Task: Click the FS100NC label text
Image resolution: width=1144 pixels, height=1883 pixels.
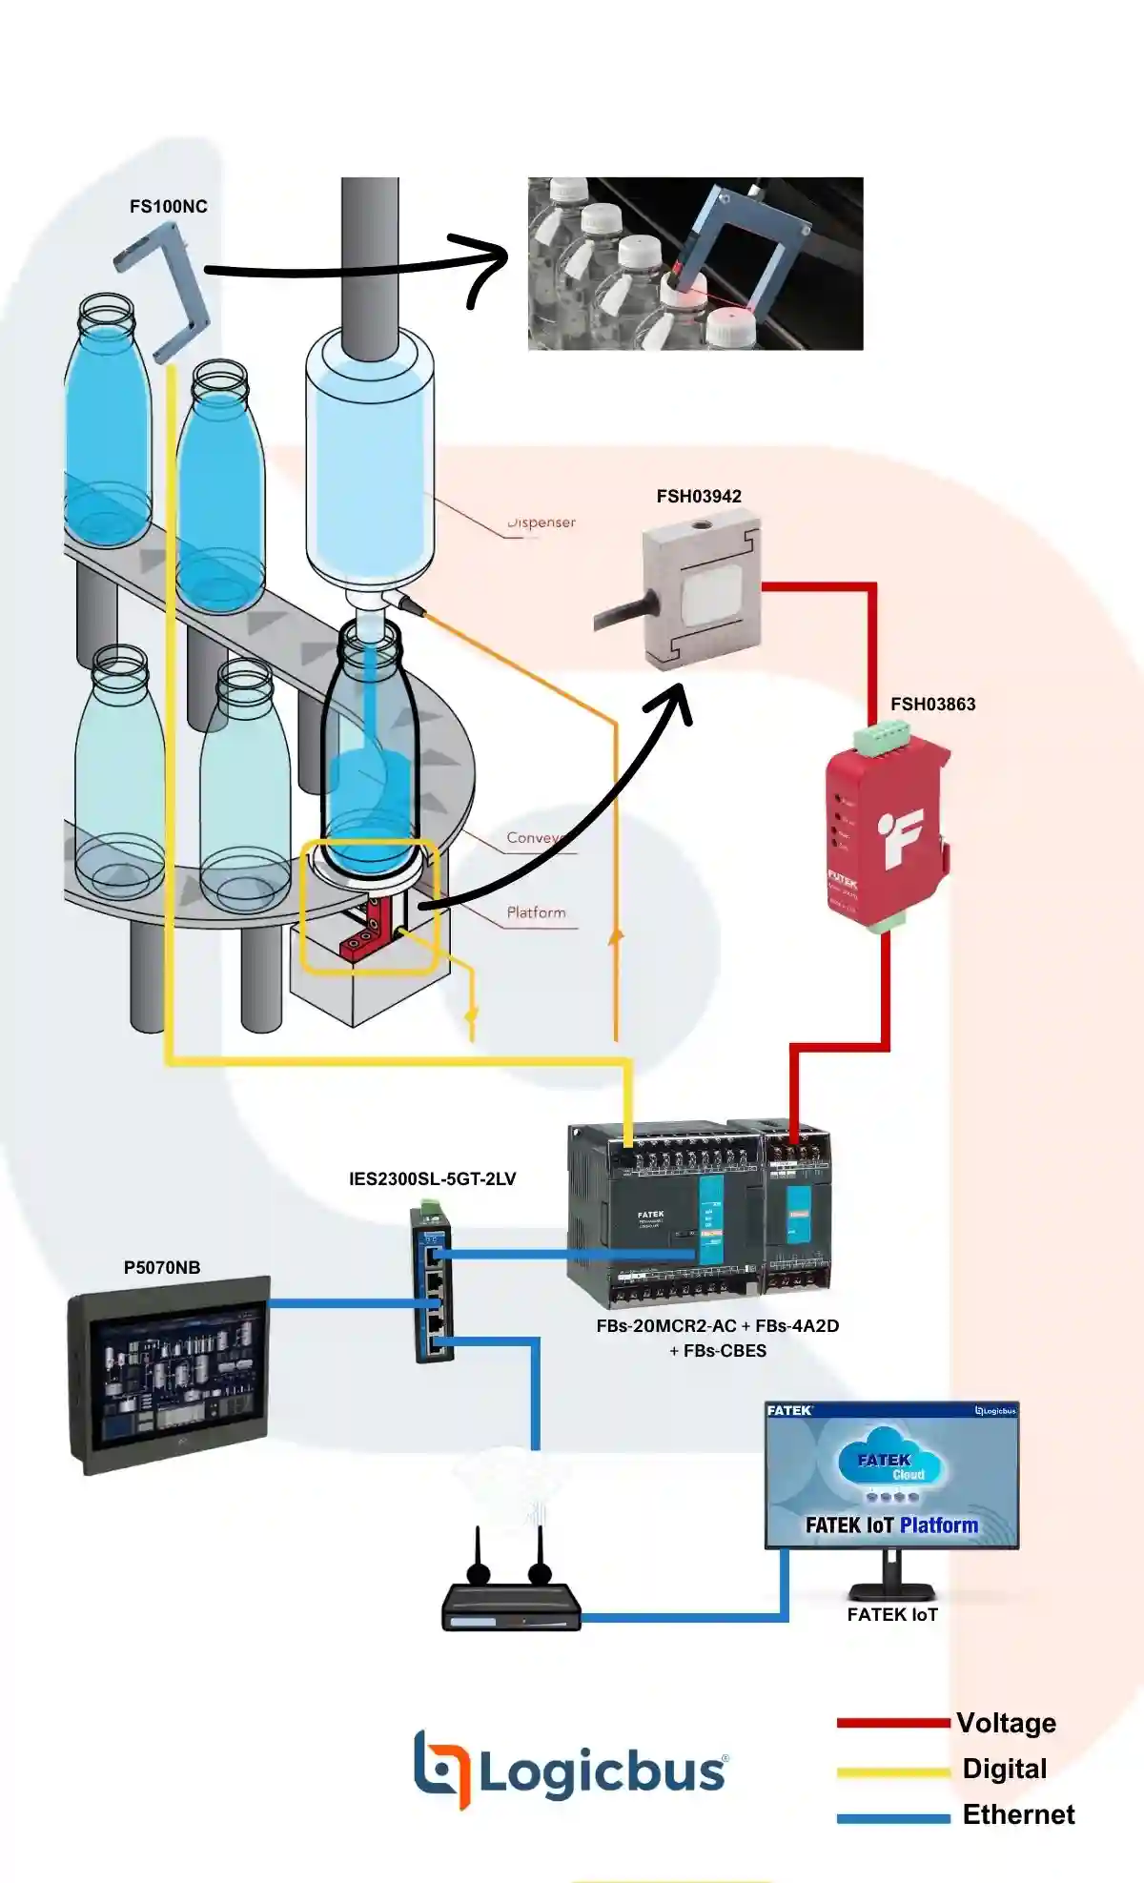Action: pos(168,207)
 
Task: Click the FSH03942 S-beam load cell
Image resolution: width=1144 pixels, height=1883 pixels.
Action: pos(704,592)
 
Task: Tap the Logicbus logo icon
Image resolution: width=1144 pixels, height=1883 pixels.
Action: pos(441,1770)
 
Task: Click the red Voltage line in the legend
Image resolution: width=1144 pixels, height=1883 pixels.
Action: pos(892,1723)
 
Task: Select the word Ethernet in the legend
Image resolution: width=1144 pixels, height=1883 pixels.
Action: pos(1018,1814)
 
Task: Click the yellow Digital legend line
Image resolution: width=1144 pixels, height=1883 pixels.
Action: pos(892,1771)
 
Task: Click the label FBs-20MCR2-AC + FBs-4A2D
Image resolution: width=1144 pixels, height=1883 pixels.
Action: pos(717,1326)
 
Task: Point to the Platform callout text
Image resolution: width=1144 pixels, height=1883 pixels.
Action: pos(536,912)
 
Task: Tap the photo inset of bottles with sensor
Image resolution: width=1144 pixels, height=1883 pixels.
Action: pos(695,263)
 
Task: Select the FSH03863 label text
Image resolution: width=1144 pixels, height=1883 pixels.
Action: pos(932,705)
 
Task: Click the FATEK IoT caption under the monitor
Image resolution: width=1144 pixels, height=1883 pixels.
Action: pos(892,1614)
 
